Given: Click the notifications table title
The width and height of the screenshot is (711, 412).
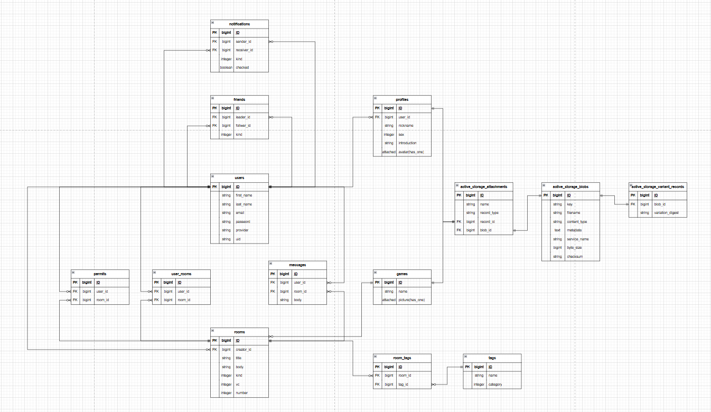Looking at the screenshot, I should click(239, 24).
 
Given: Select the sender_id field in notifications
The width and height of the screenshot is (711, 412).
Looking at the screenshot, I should click(244, 41).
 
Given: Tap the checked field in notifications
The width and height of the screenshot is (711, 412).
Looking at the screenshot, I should click(242, 68).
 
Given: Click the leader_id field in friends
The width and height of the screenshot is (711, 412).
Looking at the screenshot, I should click(243, 117).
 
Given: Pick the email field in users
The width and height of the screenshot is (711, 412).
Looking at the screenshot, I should click(240, 213).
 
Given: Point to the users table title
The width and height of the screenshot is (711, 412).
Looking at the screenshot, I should click(239, 177).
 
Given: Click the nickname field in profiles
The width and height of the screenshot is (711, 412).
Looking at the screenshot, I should click(406, 126).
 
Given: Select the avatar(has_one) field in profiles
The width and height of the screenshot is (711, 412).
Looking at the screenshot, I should click(411, 152).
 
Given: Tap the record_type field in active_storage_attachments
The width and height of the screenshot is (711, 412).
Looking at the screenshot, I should click(489, 213).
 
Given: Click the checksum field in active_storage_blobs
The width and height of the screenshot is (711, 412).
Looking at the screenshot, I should click(575, 257).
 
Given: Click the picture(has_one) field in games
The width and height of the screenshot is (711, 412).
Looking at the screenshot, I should click(411, 300).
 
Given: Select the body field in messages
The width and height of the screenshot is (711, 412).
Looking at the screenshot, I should click(298, 300).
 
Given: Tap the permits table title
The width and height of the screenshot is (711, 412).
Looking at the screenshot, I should click(100, 274).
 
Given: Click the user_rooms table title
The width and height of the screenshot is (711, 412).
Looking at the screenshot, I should click(181, 274).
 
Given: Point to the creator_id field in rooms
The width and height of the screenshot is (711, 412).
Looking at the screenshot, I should click(244, 349).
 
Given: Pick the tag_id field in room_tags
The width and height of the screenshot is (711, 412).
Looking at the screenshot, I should click(405, 385).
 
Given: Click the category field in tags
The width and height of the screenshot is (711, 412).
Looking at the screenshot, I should click(495, 385).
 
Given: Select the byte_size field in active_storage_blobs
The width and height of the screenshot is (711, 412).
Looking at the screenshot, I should click(575, 248).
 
